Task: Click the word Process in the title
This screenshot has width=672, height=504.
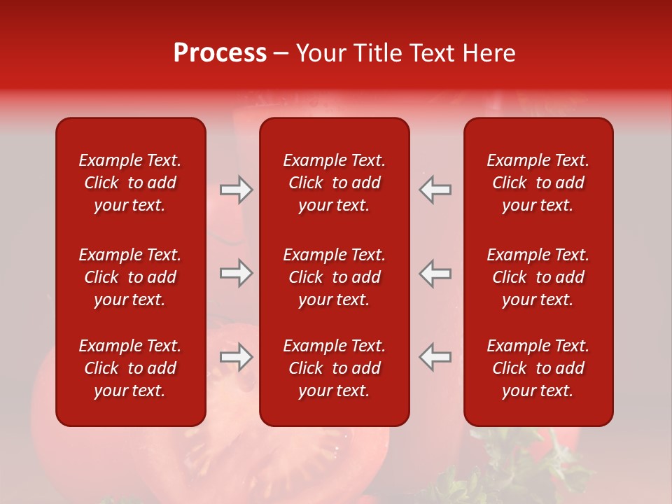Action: click(220, 53)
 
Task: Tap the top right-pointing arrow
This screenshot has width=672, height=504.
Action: click(236, 190)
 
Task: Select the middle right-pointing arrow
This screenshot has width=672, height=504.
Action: click(236, 273)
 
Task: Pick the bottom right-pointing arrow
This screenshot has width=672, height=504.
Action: click(236, 357)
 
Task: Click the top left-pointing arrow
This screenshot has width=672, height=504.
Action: click(435, 190)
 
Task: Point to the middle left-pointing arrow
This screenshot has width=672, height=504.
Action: click(435, 273)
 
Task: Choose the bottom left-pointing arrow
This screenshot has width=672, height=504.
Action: click(435, 357)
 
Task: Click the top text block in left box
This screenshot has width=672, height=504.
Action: click(130, 183)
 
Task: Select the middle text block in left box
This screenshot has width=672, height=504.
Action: click(130, 277)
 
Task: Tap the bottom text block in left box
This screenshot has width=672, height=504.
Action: click(130, 368)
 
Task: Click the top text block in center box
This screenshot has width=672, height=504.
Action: click(334, 183)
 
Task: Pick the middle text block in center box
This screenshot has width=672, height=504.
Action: click(334, 277)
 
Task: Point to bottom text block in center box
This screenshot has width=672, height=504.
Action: click(334, 368)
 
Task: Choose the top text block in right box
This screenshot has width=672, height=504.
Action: click(538, 183)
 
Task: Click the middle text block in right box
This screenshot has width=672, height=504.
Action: click(538, 277)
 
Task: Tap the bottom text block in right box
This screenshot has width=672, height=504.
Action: click(538, 368)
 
